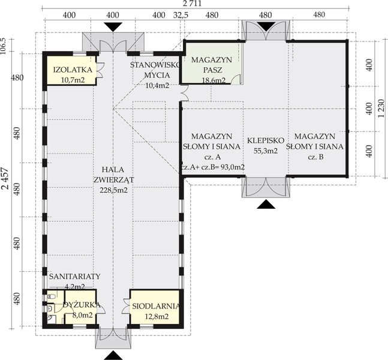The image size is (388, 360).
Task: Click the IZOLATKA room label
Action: point(72,70)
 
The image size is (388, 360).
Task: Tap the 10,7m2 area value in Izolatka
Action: point(72,79)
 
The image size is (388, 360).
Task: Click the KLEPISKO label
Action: point(263,142)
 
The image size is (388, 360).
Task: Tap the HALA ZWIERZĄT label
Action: point(113,173)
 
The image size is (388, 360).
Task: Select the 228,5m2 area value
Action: point(113,190)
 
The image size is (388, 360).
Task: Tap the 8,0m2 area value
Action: point(82,314)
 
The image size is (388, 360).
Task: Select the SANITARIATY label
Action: point(75,276)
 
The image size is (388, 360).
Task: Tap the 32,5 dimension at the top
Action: point(181,14)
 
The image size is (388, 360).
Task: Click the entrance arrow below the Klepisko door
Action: point(264,205)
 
